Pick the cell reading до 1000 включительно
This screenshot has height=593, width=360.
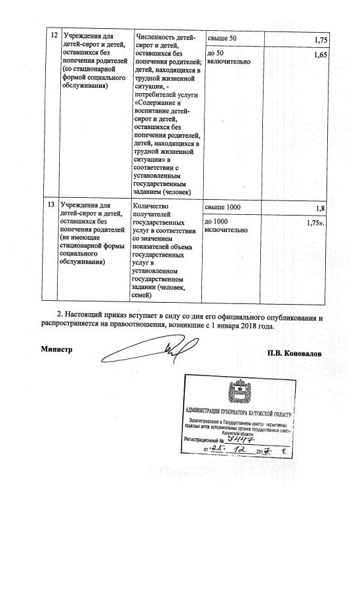click(x=227, y=225)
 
